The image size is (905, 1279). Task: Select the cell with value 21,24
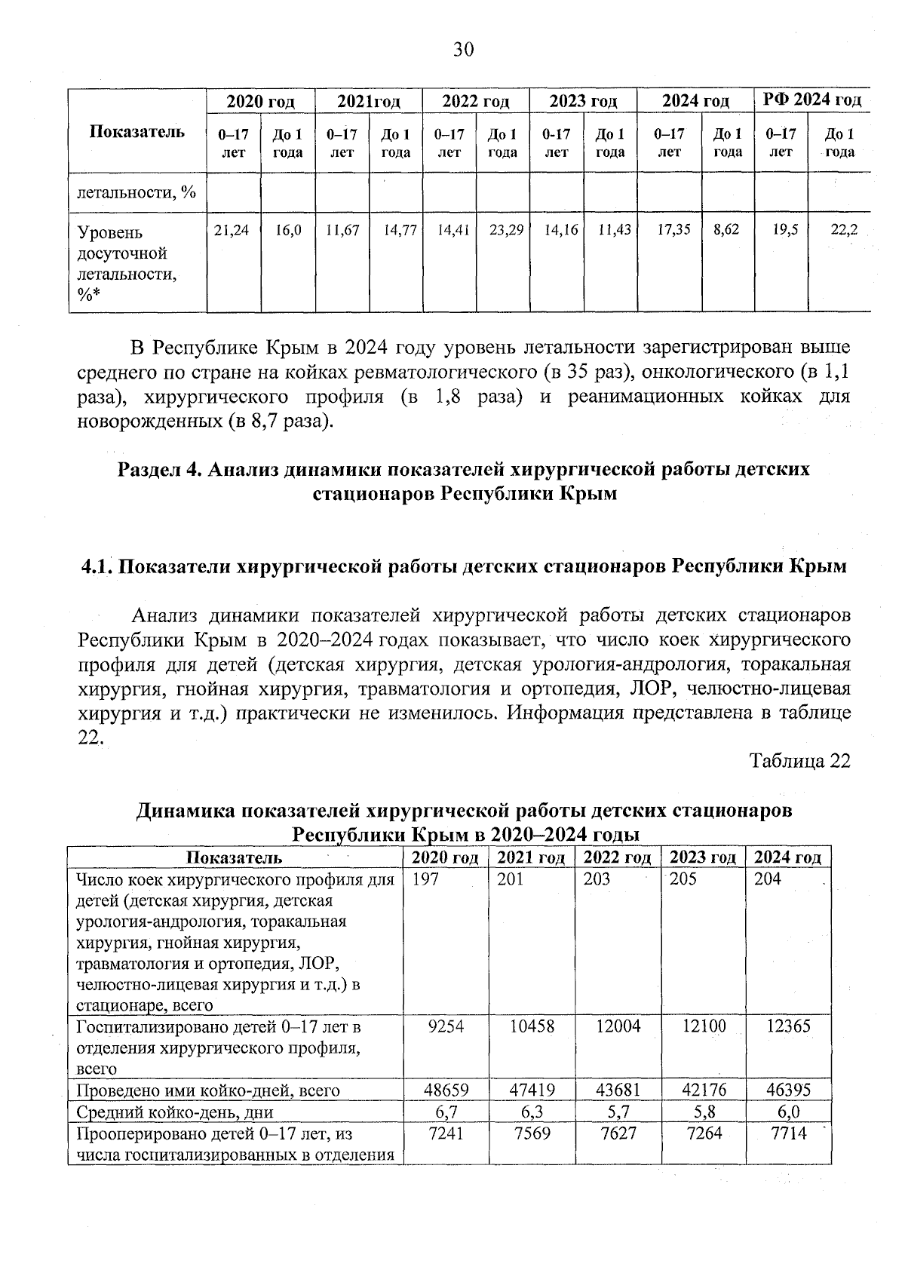point(232,231)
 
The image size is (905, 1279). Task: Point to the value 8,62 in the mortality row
point(726,231)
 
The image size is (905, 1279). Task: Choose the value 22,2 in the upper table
point(843,231)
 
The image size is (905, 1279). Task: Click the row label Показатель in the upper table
point(137,132)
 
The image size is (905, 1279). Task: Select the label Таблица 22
point(799,761)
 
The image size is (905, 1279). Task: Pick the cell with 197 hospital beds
point(427,879)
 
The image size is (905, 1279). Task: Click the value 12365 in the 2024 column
point(788,1026)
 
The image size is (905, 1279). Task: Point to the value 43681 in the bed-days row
point(618,1090)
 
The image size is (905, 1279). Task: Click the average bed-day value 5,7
point(618,1112)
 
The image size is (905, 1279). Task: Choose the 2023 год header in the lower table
point(702,857)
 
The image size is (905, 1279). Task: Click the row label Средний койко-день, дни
point(174,1112)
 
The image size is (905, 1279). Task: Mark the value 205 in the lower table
point(683,879)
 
